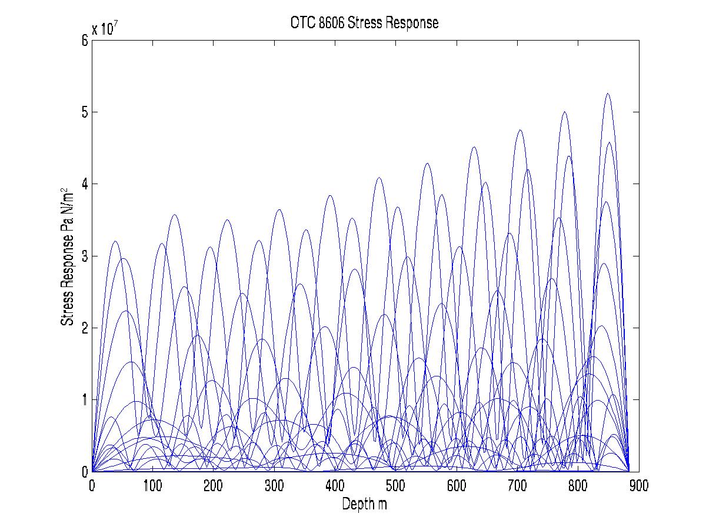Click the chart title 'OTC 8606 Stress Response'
pyautogui.click(x=365, y=23)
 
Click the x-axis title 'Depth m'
pyautogui.click(x=365, y=504)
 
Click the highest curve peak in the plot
pyautogui.click(x=608, y=94)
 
